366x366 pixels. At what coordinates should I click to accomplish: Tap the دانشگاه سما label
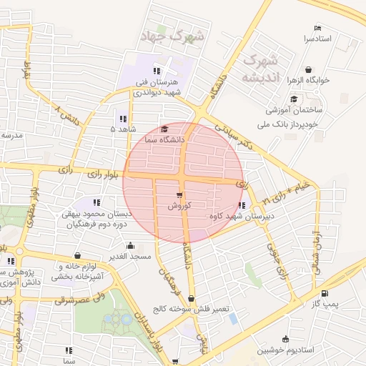click(x=165, y=139)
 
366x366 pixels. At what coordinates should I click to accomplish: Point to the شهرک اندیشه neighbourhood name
click(x=260, y=69)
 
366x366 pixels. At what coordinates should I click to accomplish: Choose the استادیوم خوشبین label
click(x=286, y=350)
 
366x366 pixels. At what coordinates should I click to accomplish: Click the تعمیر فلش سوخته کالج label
click(x=191, y=309)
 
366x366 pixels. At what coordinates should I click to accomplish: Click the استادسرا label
click(x=319, y=37)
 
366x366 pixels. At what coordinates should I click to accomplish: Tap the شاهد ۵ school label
click(x=122, y=129)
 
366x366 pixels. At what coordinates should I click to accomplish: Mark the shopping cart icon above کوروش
click(x=178, y=194)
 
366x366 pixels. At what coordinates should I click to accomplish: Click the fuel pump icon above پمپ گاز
click(x=326, y=293)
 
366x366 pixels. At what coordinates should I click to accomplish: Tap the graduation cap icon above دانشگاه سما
click(x=165, y=129)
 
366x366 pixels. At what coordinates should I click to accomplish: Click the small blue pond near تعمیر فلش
click(x=233, y=317)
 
